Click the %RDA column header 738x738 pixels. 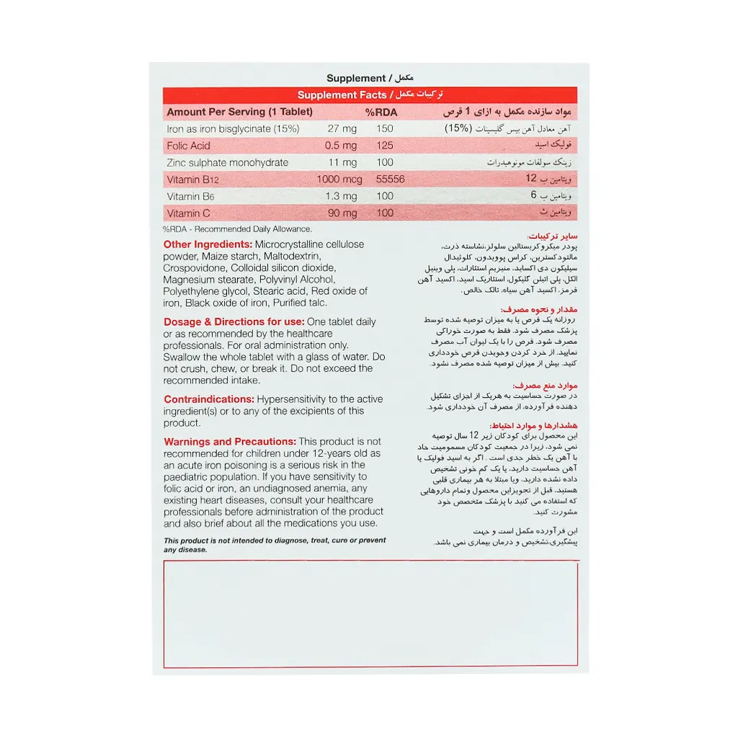coord(381,112)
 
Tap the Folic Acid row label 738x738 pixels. coord(188,146)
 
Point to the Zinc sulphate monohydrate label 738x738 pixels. coord(227,163)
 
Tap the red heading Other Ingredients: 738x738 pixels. coord(208,244)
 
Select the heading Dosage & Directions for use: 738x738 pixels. coord(234,322)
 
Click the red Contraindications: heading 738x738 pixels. coord(208,399)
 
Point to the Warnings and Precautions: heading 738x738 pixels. coord(230,442)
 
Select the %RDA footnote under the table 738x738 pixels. coord(237,228)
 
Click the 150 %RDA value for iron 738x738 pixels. coord(385,129)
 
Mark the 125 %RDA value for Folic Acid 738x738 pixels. coord(385,146)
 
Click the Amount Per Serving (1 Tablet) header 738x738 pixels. coord(239,112)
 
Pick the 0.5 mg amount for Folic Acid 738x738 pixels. coord(340,146)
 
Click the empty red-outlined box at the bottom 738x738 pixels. coord(370,613)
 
